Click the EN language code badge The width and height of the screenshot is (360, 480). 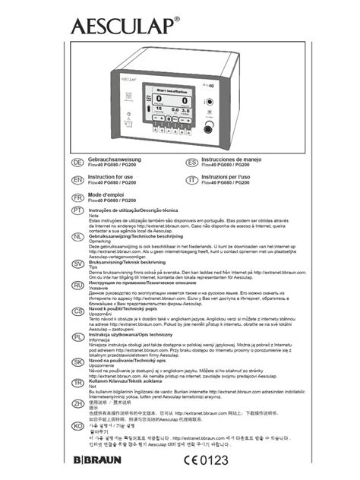click(77, 179)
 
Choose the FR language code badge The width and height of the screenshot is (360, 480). click(77, 195)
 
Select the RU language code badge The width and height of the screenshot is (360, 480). click(77, 284)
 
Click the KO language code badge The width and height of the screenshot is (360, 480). click(77, 426)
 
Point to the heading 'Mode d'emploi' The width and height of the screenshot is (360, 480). click(110, 194)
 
